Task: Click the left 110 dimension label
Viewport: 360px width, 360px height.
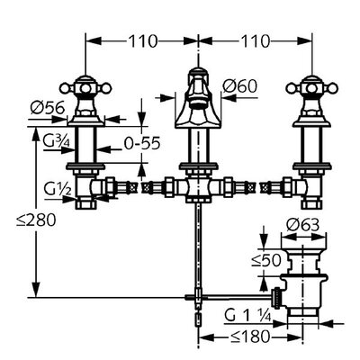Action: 143,41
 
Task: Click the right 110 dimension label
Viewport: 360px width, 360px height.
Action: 256,41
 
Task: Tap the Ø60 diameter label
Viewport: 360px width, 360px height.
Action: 240,86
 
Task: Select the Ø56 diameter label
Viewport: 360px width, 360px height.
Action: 48,107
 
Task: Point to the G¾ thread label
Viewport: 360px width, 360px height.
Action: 56,141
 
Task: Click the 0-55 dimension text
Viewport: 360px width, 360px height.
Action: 142,144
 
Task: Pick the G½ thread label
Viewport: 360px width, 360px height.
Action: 58,189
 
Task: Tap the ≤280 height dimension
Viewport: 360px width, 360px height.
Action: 36,220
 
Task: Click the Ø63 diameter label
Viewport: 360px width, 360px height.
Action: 302,225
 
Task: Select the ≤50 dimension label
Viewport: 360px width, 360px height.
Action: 266,260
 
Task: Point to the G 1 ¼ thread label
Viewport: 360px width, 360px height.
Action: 248,316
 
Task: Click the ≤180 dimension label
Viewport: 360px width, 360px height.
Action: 250,337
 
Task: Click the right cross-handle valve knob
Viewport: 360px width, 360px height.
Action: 312,88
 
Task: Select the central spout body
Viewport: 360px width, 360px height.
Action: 198,101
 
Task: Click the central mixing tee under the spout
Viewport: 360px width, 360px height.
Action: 198,188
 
